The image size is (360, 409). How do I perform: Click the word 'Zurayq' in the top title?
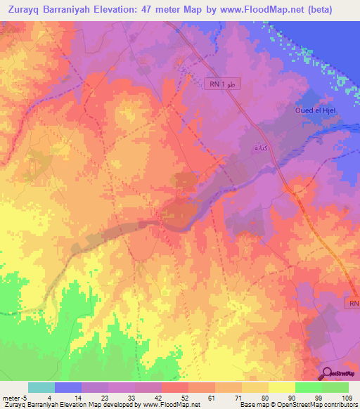(30, 11)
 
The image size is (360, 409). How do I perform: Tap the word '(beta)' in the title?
(333, 11)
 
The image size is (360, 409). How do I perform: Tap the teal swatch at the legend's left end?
(41, 387)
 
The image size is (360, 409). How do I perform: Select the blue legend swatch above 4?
(68, 387)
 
